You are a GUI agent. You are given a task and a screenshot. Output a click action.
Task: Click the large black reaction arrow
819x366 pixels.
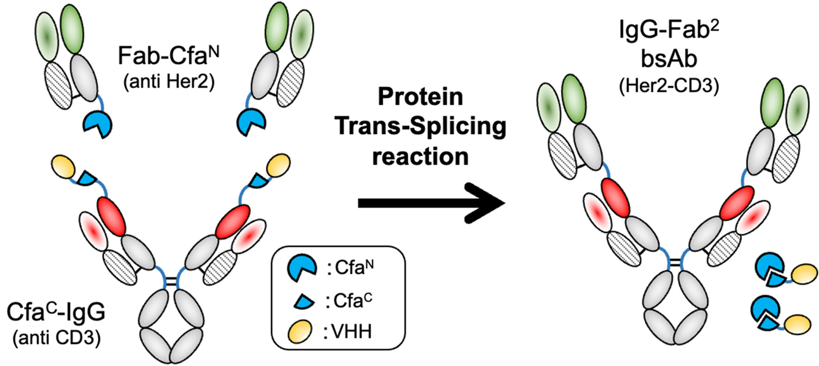[x=431, y=202]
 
